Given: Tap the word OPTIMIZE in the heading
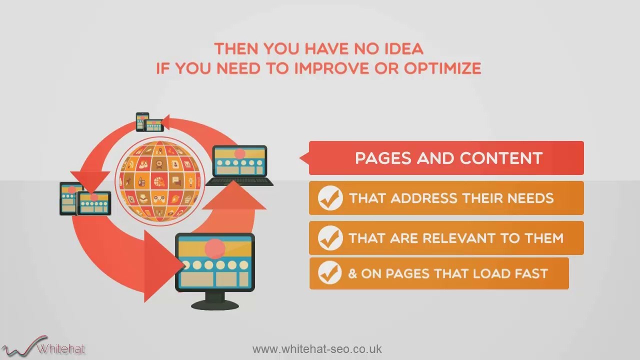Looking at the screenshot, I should pyautogui.click(x=442, y=68).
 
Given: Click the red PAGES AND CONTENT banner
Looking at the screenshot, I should pyautogui.click(x=446, y=158).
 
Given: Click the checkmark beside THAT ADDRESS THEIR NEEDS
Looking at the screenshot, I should pyautogui.click(x=330, y=198).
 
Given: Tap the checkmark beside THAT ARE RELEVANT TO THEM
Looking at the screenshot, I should pyautogui.click(x=330, y=238).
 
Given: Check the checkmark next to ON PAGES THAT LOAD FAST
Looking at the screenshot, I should pyautogui.click(x=330, y=273).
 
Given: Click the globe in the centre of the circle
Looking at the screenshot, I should pyautogui.click(x=160, y=180).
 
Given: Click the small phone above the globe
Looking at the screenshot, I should pyautogui.click(x=142, y=121).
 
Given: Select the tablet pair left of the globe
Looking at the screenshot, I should pyautogui.click(x=85, y=199).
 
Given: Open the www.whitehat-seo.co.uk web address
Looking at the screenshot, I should pyautogui.click(x=317, y=349).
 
